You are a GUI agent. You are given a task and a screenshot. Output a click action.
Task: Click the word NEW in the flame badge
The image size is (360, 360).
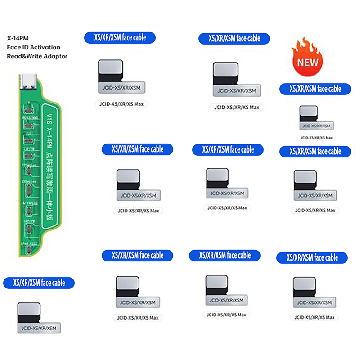click(308, 62)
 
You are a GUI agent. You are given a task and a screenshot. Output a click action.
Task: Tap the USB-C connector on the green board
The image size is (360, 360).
click(27, 82)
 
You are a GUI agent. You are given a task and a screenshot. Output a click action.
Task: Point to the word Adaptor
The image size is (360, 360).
click(53, 56)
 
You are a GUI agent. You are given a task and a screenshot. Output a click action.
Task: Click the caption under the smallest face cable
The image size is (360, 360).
click(317, 137)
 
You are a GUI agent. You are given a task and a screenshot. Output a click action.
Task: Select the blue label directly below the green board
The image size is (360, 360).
click(39, 283)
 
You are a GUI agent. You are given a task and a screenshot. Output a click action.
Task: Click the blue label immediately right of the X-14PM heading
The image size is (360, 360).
click(120, 38)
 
